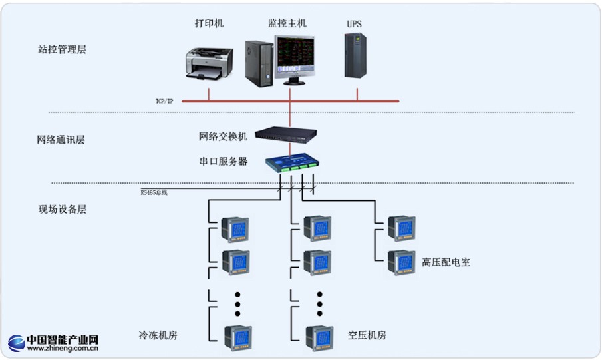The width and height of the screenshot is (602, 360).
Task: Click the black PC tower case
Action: (259, 65)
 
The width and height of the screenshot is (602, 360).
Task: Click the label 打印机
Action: (209, 23)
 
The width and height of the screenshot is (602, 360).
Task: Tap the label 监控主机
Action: (287, 23)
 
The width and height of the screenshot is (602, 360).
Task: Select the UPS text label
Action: (355, 24)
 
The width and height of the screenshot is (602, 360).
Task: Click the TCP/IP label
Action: (164, 101)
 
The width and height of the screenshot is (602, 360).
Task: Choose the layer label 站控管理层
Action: (62, 49)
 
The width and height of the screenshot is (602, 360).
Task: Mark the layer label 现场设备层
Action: (62, 209)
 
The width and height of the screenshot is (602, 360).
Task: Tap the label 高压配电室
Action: (446, 262)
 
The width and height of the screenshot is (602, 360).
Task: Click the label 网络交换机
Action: (223, 136)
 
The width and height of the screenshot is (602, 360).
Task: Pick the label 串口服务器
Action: (223, 161)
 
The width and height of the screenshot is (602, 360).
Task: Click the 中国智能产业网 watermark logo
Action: (54, 343)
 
